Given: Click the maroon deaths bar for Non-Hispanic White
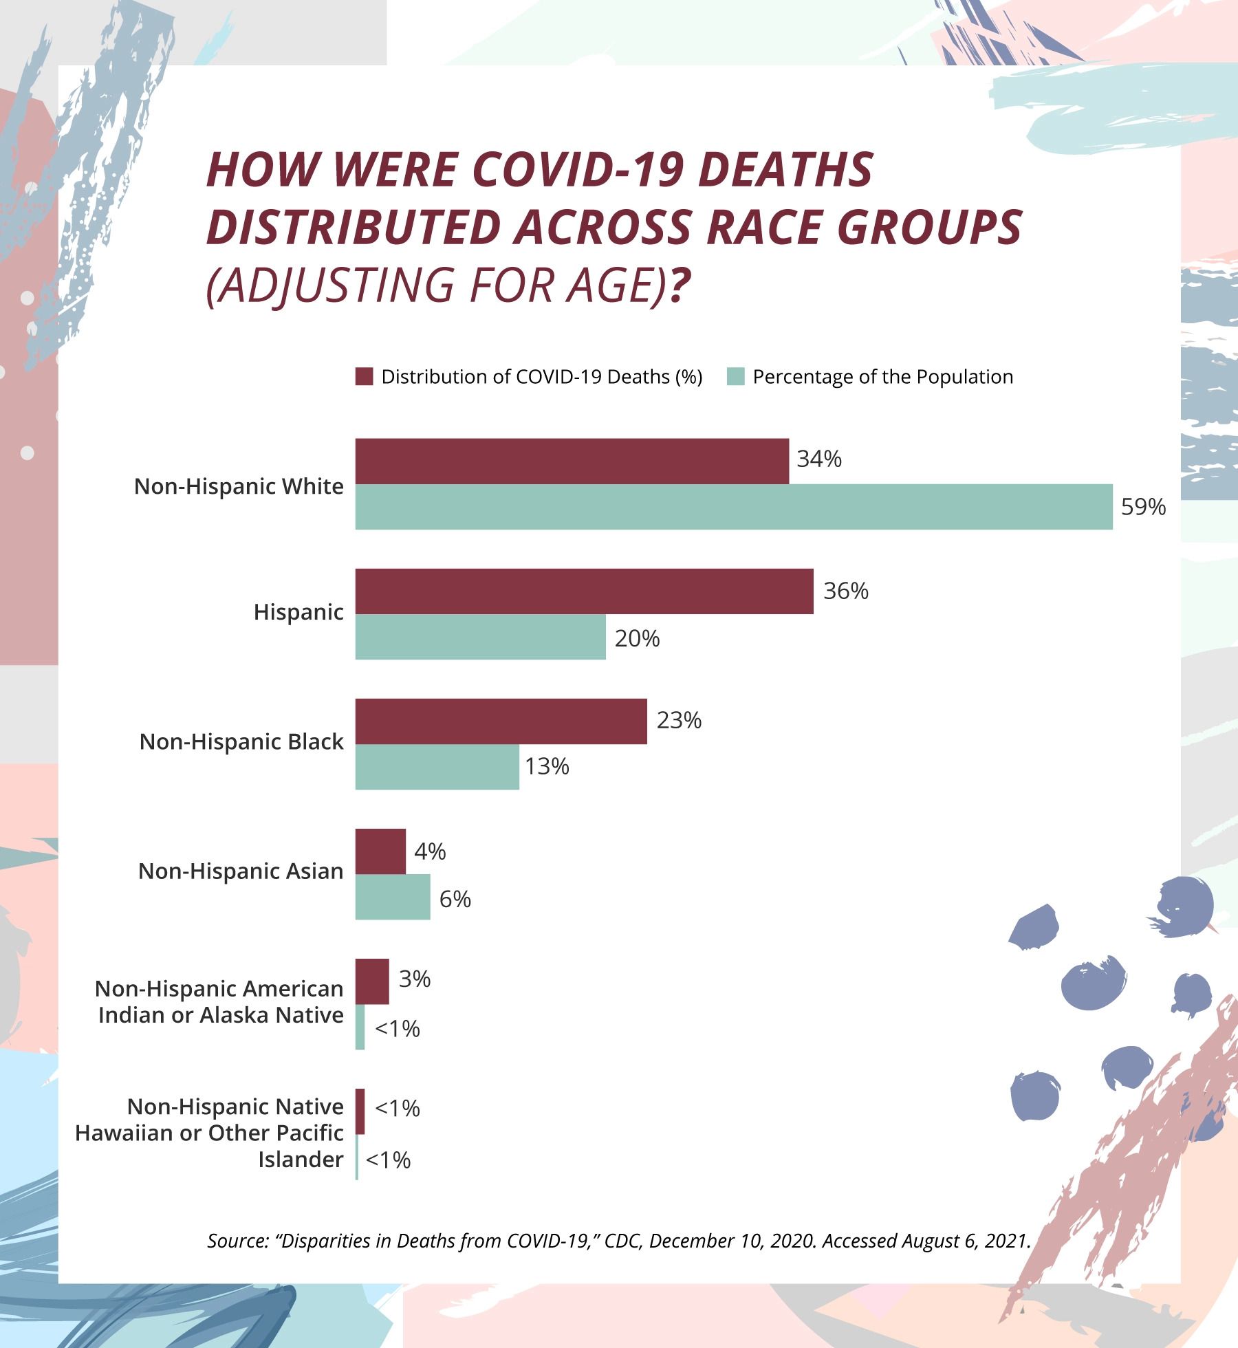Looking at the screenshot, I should (x=572, y=461).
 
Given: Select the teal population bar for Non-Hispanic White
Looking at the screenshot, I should (x=733, y=507).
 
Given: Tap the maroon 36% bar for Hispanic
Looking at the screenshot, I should (x=584, y=591).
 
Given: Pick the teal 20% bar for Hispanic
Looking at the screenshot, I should (x=480, y=637).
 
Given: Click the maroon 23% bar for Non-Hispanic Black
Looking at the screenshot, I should (x=501, y=721).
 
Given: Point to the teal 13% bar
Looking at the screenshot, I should (x=437, y=767).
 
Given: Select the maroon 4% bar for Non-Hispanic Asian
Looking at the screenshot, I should (x=380, y=851).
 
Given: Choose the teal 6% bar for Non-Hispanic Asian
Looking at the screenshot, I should (x=393, y=897).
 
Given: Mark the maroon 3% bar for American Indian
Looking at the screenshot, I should (x=372, y=981).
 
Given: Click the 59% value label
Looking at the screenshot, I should (x=1144, y=508).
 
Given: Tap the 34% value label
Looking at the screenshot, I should (x=819, y=459).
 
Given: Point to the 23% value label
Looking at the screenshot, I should (x=679, y=720).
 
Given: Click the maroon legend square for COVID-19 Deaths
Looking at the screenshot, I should (x=364, y=377).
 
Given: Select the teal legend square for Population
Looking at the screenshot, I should (x=735, y=377).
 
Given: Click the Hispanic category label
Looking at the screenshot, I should (x=298, y=612).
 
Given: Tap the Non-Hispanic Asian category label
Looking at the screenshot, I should (x=241, y=871).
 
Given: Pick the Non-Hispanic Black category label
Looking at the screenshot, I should (x=241, y=742).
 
